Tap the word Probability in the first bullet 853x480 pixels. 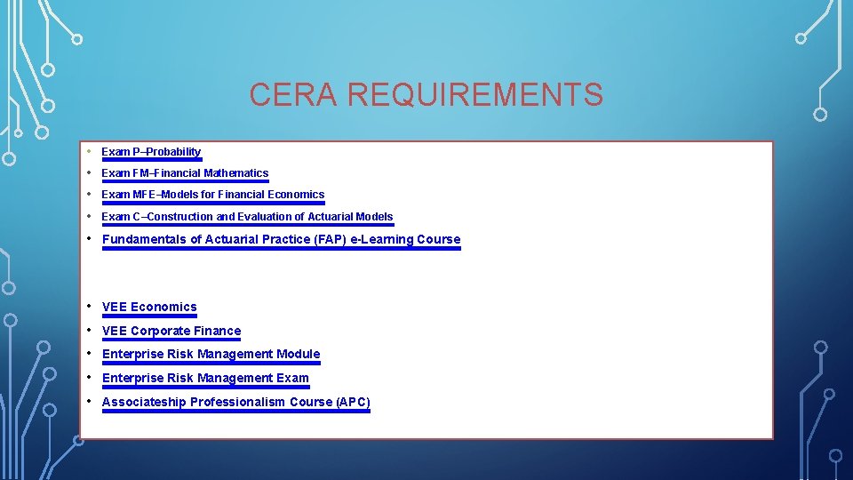173,152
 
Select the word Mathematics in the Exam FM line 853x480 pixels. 235,173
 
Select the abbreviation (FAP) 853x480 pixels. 330,239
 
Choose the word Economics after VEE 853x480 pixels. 163,308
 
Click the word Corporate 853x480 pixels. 160,332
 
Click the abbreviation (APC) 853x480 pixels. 353,403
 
